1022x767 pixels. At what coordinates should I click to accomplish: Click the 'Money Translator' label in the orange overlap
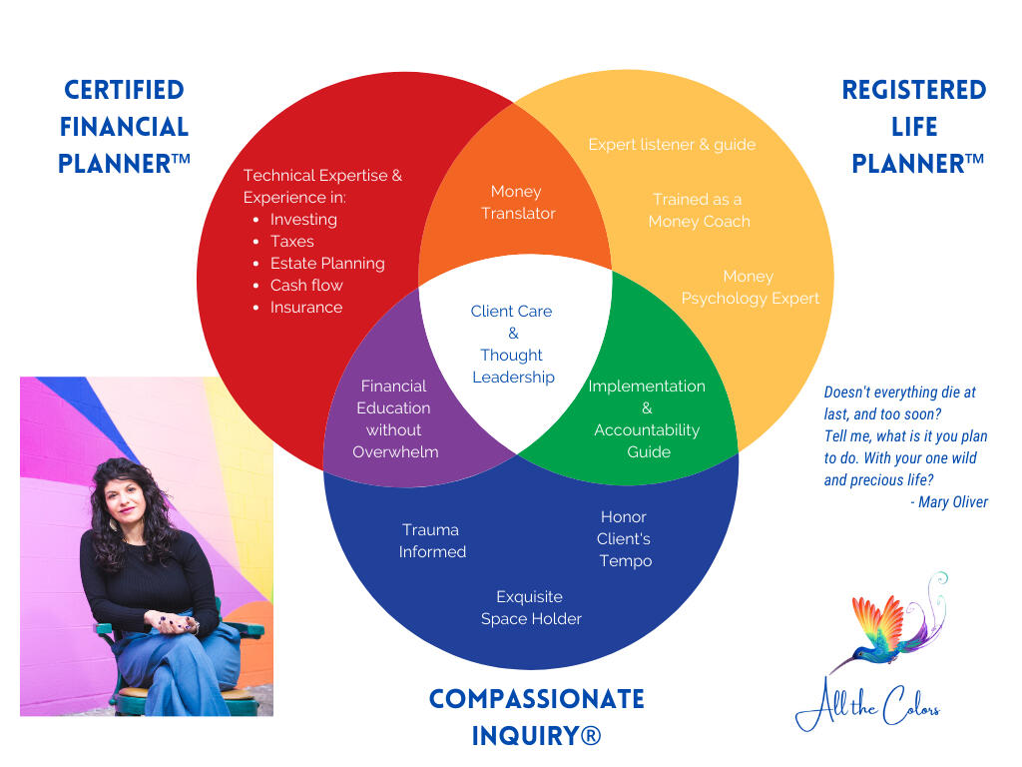[517, 203]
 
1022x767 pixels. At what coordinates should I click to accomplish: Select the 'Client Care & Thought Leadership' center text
[512, 344]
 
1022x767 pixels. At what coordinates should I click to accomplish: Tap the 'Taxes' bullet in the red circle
[291, 242]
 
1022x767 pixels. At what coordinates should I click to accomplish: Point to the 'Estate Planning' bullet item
[326, 264]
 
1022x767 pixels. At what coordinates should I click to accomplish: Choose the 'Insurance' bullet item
[305, 308]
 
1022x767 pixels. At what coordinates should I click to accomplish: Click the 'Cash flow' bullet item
[305, 286]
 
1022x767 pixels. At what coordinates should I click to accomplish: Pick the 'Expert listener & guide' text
[671, 145]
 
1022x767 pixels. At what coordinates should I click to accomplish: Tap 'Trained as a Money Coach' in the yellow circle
[698, 211]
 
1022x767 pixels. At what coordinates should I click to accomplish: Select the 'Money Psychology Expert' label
[750, 288]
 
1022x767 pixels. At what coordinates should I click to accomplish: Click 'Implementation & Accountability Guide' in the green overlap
[647, 418]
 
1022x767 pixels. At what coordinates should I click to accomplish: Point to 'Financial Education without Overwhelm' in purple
[394, 418]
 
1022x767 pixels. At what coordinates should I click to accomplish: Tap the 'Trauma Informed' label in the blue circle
[431, 540]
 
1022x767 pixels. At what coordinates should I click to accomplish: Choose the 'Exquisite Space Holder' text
[530, 607]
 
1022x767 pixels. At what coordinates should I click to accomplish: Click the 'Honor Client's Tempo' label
[624, 538]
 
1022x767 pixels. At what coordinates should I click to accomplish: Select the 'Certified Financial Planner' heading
[124, 127]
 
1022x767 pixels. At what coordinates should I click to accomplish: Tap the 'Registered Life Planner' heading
[913, 127]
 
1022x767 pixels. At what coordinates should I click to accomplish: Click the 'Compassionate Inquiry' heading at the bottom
[536, 717]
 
